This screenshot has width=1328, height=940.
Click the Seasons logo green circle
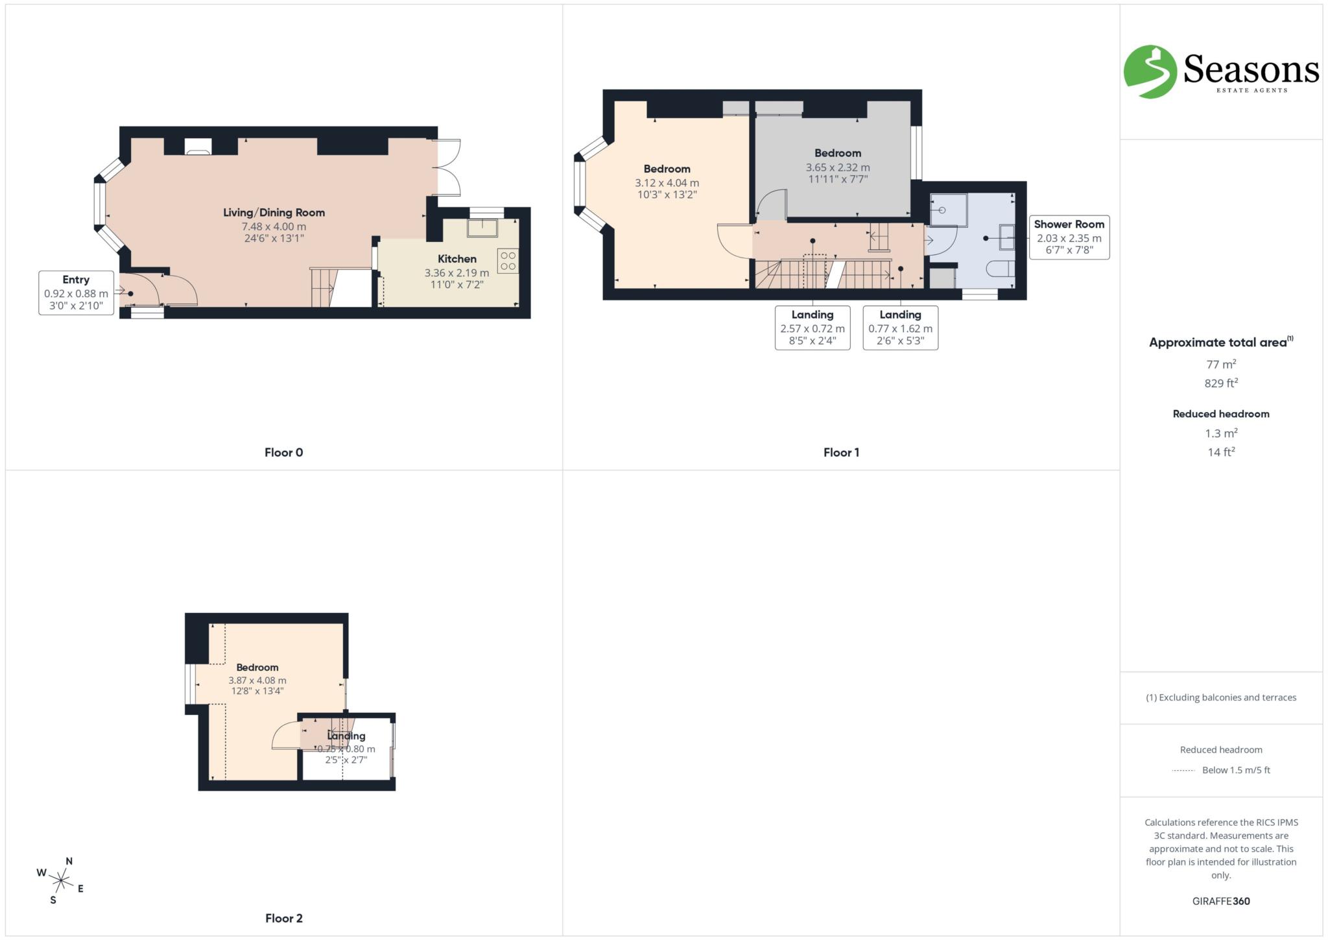point(1150,71)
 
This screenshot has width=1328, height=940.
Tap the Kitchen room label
point(456,259)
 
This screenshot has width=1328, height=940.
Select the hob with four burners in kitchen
point(508,261)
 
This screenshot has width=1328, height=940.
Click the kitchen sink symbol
point(482,228)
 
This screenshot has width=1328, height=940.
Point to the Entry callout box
point(76,293)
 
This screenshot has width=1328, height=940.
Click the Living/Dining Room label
point(274,213)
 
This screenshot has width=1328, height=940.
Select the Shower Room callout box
point(1069,237)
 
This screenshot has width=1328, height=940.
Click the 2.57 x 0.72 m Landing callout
point(812,328)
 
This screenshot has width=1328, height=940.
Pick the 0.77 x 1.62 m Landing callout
point(900,328)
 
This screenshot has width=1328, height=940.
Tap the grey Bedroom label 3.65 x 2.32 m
point(838,154)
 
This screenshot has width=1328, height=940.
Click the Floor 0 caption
point(283,453)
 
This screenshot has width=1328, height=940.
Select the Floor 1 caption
point(841,453)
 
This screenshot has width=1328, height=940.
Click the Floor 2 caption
point(283,918)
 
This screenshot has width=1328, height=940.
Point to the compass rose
point(61,880)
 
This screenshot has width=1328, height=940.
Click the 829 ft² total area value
point(1220,383)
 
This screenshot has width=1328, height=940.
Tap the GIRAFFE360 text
point(1220,901)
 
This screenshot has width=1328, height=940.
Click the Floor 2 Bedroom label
point(257,668)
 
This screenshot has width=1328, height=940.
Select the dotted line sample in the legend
point(1183,771)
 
